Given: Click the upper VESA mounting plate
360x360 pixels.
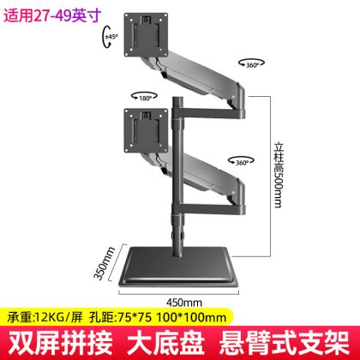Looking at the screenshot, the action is click(146, 34).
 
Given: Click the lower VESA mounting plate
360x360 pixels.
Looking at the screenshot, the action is click(146, 130).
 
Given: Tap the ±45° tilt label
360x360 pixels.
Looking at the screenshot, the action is click(111, 37).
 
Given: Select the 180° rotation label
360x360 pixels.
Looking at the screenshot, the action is click(145, 98).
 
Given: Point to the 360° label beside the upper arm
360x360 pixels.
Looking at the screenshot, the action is click(252, 65).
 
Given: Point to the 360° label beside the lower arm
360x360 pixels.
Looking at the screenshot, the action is click(242, 163).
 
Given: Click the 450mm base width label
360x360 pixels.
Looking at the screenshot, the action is click(184, 303).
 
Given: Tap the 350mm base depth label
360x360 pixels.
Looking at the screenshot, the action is click(104, 263).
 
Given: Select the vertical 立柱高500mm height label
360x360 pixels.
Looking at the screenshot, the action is click(279, 175).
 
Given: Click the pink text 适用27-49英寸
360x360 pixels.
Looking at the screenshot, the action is click(52, 15).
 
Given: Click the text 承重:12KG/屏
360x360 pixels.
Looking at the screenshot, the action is click(45, 317).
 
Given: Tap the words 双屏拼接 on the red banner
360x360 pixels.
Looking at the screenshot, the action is click(60, 342).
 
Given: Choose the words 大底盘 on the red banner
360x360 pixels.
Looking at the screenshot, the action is click(165, 342).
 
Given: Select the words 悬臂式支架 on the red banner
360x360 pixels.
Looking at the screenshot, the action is click(285, 342).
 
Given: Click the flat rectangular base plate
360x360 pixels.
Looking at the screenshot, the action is click(178, 267).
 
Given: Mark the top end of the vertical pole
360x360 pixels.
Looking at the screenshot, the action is click(178, 98).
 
